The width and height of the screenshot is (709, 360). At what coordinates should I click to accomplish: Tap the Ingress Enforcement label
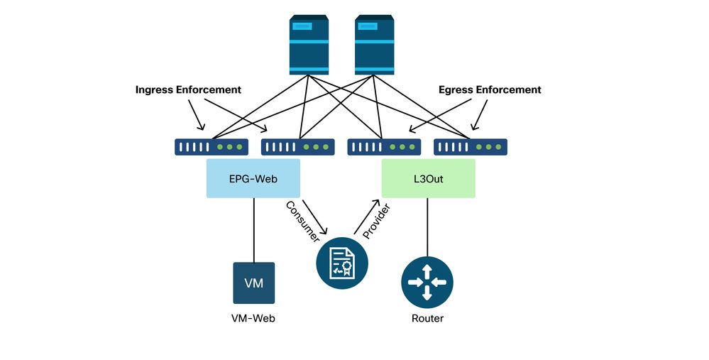188,90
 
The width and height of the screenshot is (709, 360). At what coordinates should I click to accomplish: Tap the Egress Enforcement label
490,90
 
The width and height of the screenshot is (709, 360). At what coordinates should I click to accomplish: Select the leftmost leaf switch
211,147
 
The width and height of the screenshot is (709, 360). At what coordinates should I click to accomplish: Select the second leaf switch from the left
297,147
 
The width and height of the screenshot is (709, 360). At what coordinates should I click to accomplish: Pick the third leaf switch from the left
384,147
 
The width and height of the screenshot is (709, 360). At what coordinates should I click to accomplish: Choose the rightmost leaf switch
471,147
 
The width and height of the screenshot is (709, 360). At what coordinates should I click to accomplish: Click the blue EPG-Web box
253,178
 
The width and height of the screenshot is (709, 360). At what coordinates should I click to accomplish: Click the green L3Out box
428,178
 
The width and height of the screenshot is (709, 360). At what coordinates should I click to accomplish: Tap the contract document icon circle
343,262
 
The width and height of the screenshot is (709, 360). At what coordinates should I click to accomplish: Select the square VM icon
253,283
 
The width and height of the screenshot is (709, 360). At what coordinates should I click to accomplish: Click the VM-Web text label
253,319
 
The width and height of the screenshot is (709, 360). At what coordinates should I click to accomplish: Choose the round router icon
427,283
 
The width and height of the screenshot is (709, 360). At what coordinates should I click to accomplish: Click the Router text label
427,319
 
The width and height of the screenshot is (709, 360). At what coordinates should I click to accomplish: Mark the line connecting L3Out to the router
427,227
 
